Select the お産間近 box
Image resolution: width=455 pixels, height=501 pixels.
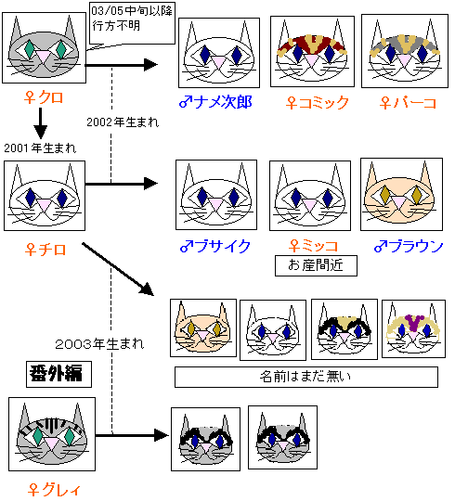pos(316,265)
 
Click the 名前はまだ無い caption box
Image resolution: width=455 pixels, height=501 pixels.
pos(306,377)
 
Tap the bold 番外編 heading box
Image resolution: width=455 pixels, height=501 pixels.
pos(58,374)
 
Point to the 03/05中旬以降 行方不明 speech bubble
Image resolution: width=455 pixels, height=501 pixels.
pos(132,24)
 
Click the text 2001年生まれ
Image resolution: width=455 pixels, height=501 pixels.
pos(40,148)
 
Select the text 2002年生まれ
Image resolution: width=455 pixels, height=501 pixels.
pos(123,122)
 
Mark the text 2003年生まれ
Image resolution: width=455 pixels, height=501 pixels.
pos(99,344)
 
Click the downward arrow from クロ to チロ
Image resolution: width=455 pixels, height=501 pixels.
pos(41,123)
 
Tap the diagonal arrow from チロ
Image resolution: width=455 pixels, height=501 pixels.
pos(118,269)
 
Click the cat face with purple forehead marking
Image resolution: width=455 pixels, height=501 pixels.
pos(413,328)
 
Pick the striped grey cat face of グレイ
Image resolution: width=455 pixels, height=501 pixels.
pos(52,434)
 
